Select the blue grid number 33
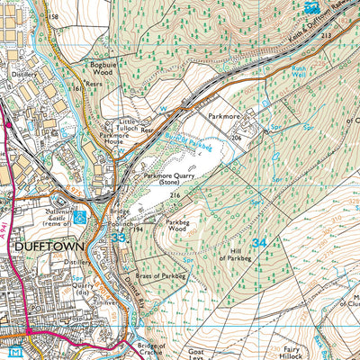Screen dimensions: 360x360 (120, 238)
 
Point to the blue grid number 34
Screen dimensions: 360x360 (259, 242)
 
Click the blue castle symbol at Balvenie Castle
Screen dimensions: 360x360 (80, 216)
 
